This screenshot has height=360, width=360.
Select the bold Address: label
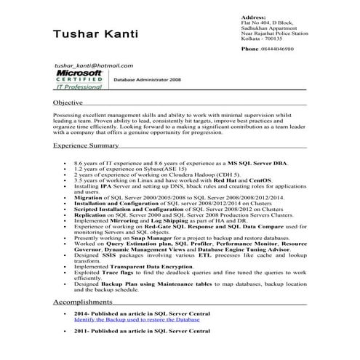(x=252, y=17)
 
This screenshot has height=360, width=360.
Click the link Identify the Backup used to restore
(x=137, y=319)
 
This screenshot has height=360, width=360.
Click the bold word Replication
(x=90, y=216)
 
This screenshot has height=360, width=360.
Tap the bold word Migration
(x=88, y=196)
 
